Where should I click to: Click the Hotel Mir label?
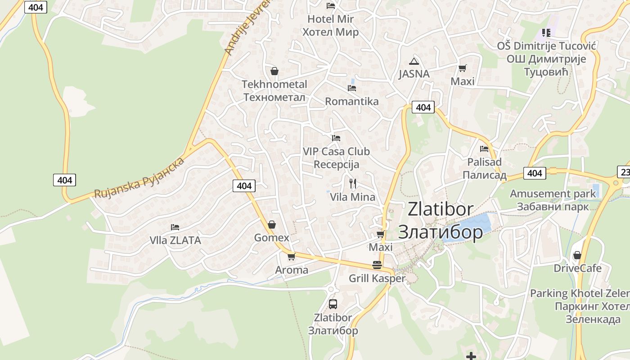330,26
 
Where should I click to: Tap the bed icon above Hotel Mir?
331,6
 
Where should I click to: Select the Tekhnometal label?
274,90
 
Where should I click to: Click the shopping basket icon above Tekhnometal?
274,71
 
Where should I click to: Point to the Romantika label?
352,101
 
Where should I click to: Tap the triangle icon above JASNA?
414,62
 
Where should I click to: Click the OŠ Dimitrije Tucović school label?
546,58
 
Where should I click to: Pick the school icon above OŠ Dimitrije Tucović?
546,32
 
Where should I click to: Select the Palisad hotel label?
484,168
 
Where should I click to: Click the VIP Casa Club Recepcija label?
336,157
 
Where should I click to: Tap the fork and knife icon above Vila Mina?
353,184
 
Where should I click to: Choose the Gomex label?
272,237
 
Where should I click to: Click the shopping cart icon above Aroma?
291,257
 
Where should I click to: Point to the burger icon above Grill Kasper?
377,265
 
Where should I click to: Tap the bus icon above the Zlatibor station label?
333,304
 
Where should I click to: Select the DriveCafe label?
577,268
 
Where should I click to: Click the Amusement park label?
553,200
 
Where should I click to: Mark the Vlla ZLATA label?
175,240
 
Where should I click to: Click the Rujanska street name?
139,178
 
